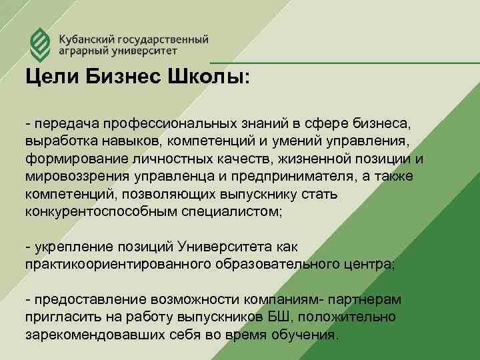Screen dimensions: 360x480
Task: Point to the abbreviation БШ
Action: point(273,316)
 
